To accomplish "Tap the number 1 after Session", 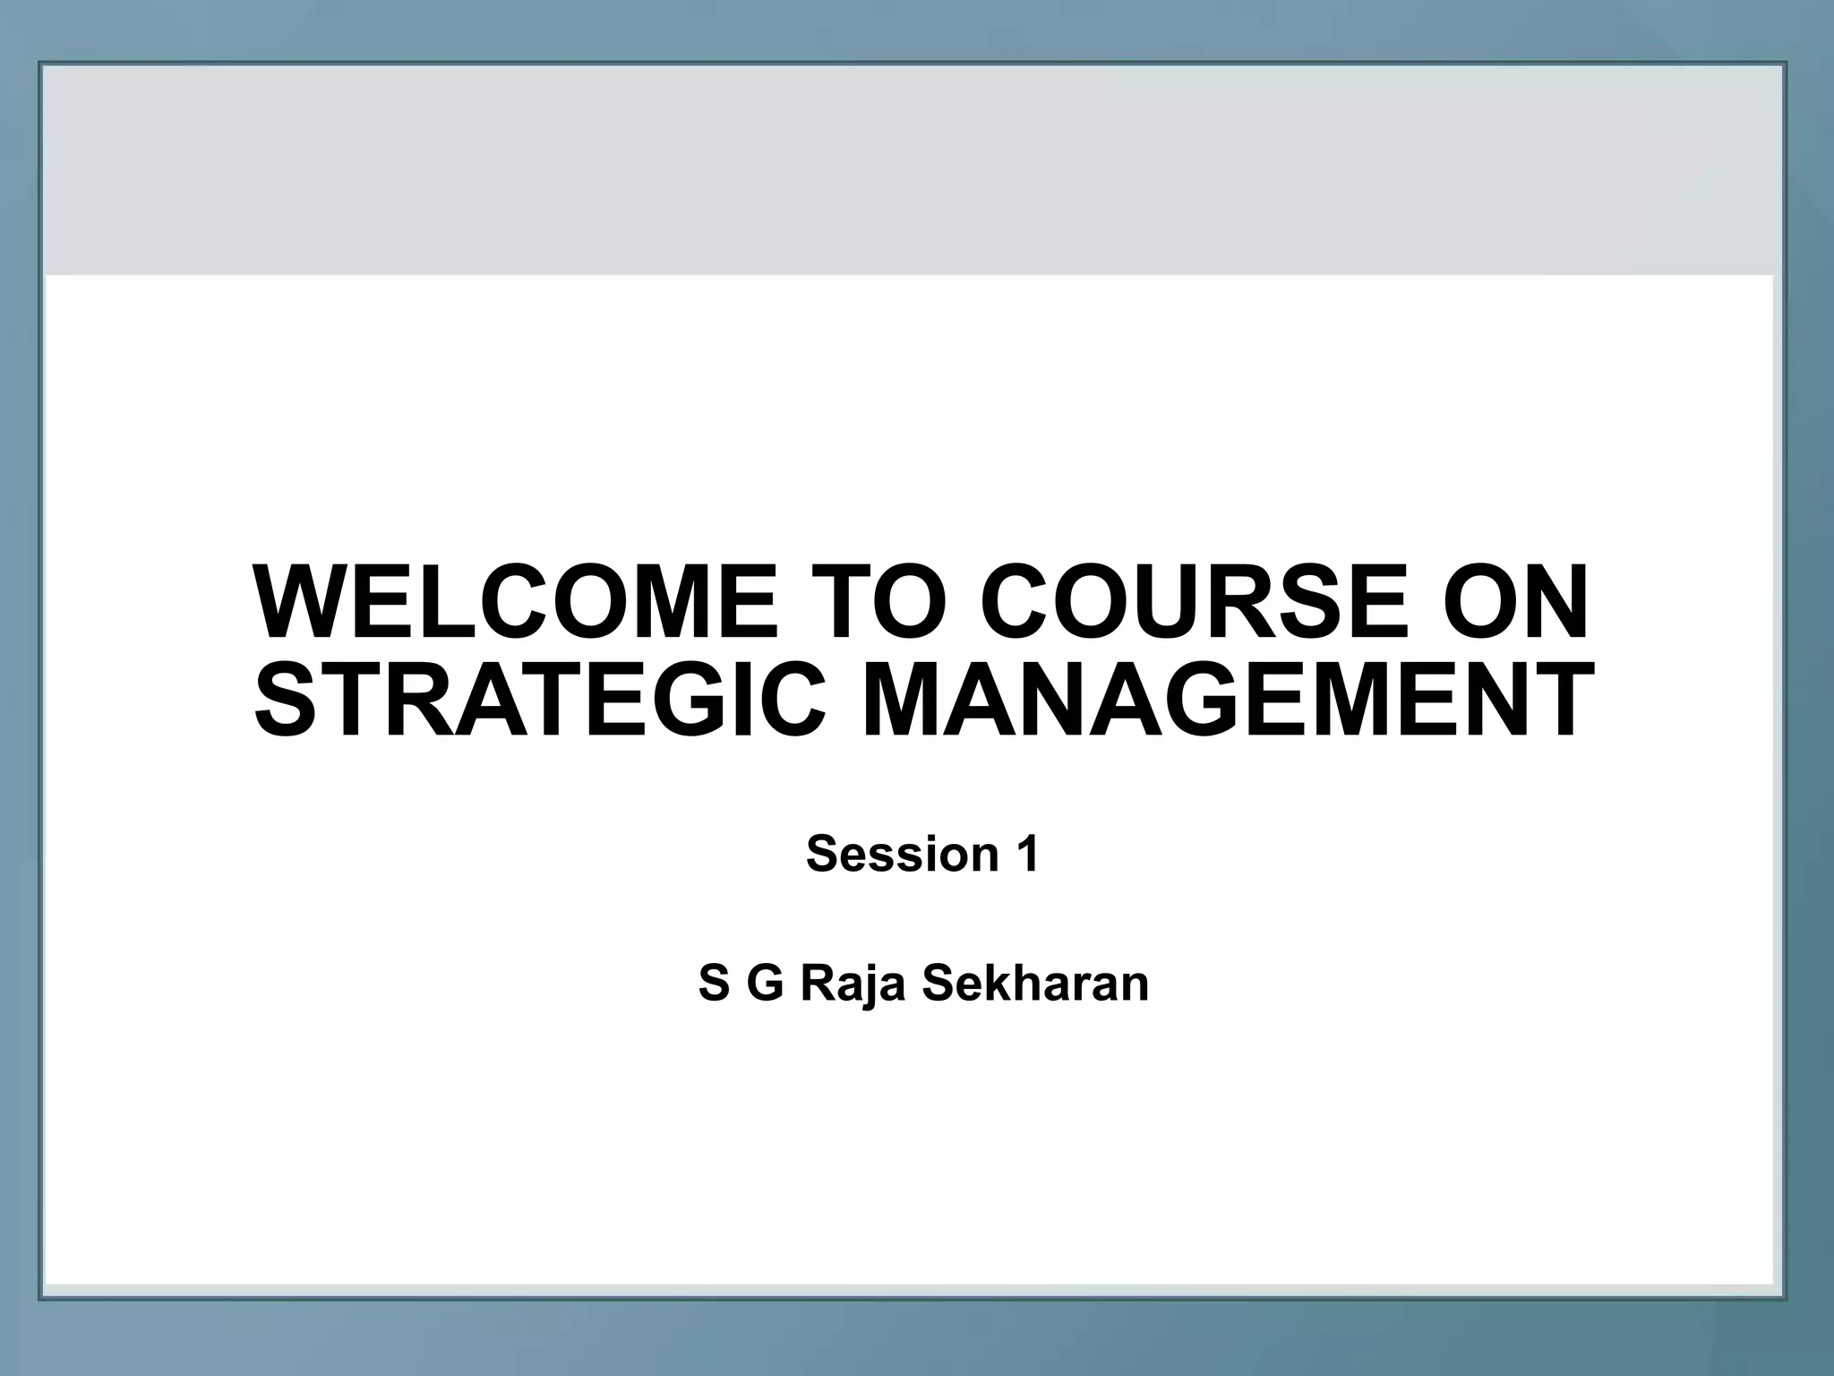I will [1027, 854].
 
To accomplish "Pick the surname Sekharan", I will [1035, 984].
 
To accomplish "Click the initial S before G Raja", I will [714, 984].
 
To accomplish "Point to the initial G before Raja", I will [766, 984].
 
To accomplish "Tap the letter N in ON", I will [1555, 602].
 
